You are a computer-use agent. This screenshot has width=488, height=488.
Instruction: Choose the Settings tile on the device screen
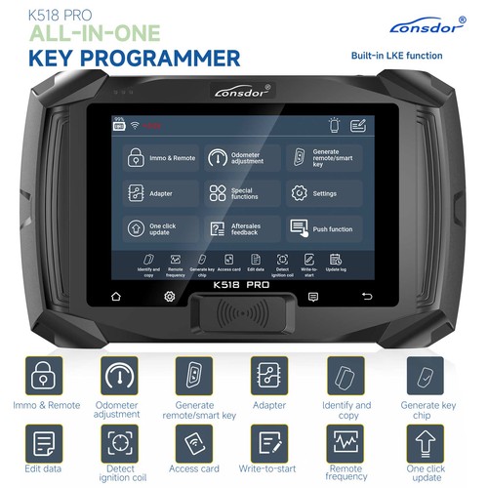pyautogui.click(x=323, y=193)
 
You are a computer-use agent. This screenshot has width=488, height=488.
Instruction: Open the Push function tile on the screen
pyautogui.click(x=323, y=228)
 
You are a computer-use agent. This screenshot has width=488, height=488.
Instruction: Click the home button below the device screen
pyautogui.click(x=116, y=295)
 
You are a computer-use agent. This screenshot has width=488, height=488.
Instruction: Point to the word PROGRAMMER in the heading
pyautogui.click(x=156, y=58)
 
